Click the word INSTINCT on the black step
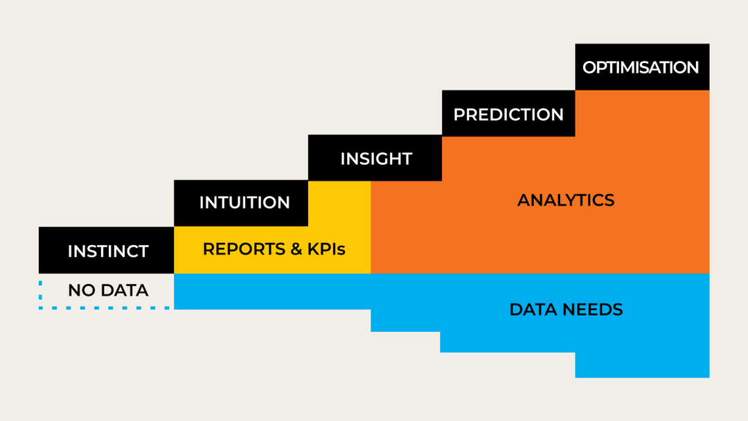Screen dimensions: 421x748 tap(108, 251)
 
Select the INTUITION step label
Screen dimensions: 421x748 tap(244, 203)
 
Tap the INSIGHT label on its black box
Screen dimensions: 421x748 tap(376, 159)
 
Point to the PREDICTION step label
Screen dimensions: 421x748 tap(508, 115)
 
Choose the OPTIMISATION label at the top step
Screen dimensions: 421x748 tap(641, 68)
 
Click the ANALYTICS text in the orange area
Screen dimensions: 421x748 tap(566, 201)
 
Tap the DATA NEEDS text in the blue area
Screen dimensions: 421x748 tap(566, 310)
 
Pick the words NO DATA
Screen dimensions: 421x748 tap(108, 291)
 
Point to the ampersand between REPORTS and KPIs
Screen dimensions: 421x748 tap(294, 249)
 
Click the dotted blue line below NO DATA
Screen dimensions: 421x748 tap(104, 307)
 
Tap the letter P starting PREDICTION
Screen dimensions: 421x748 tap(458, 115)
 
